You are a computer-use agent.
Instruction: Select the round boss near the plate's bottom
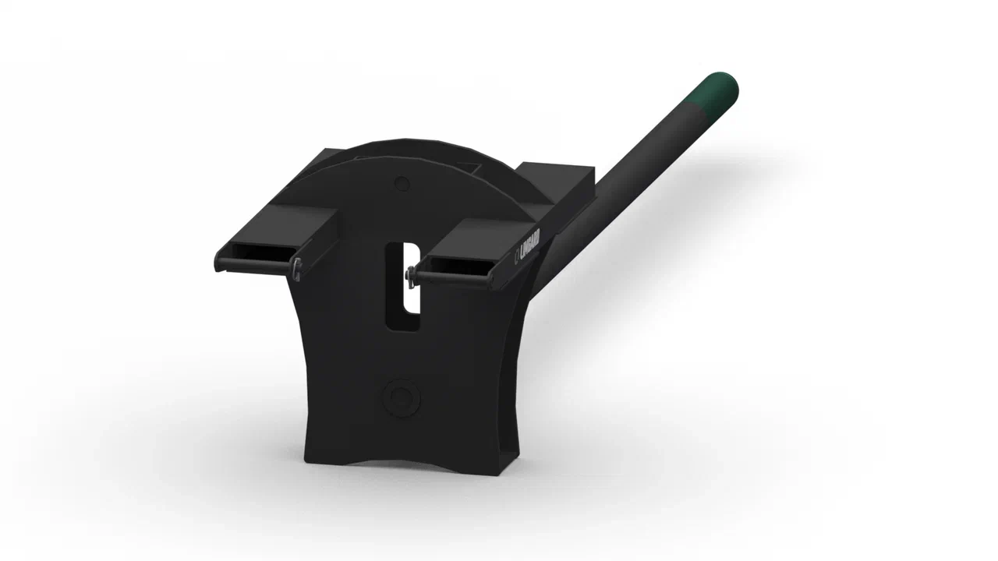(402, 396)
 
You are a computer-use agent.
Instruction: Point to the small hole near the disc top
(402, 184)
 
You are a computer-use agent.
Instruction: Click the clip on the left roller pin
(297, 267)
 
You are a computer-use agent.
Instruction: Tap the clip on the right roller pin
(410, 274)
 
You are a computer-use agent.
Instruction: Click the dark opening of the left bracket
(261, 252)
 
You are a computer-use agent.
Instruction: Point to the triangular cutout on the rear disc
(469, 167)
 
